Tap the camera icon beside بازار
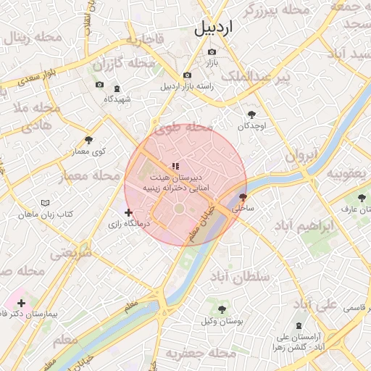tap(212, 52)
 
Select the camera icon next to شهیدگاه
tap(99, 85)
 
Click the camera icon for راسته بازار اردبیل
tap(188, 75)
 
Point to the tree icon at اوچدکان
tap(251, 114)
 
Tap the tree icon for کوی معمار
tap(88, 140)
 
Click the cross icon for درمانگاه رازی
tap(129, 213)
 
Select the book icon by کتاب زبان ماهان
tap(46, 204)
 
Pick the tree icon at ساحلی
tap(242, 196)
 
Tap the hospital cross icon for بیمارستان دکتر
tap(21, 303)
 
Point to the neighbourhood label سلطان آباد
tap(239, 277)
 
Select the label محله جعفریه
tap(201, 354)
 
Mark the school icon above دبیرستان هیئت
tap(175, 166)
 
